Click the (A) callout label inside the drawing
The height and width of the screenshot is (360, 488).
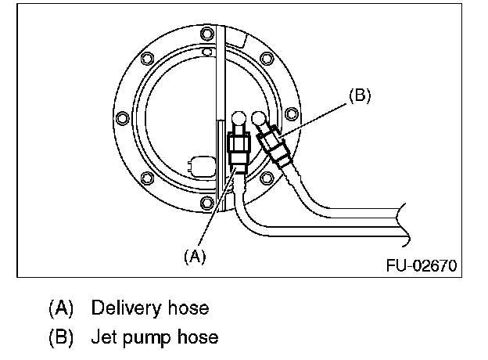point(194,255)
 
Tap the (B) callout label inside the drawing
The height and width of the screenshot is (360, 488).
point(358,96)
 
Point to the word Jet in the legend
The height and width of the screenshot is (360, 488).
point(103,338)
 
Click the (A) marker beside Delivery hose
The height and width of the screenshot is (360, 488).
point(60,308)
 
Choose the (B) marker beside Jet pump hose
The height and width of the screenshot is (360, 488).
point(60,338)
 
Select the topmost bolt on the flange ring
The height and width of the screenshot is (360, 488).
point(206,34)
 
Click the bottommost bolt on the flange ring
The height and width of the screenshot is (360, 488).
point(206,203)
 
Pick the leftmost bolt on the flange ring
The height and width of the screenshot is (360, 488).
point(121,119)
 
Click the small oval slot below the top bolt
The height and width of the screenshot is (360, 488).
point(206,52)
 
